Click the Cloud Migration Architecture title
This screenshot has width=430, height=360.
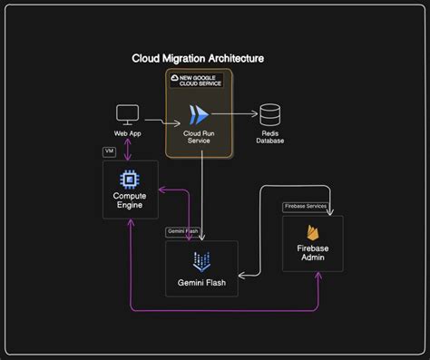click(198, 58)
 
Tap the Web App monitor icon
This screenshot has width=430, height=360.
click(127, 115)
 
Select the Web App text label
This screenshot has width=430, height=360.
click(127, 134)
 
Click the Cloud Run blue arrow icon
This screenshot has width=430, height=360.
click(198, 115)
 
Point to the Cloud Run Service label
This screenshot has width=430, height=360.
click(198, 138)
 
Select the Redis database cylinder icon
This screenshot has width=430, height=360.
click(269, 115)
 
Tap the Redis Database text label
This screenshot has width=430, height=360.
click(269, 137)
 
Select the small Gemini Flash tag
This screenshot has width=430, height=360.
click(182, 232)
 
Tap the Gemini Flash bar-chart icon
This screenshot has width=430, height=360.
click(201, 262)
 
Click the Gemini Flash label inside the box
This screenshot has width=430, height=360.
click(201, 283)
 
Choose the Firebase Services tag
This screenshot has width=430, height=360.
click(305, 206)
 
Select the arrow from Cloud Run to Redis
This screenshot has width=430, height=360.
click(237, 115)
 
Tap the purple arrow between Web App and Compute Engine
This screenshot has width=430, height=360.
click(127, 150)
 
